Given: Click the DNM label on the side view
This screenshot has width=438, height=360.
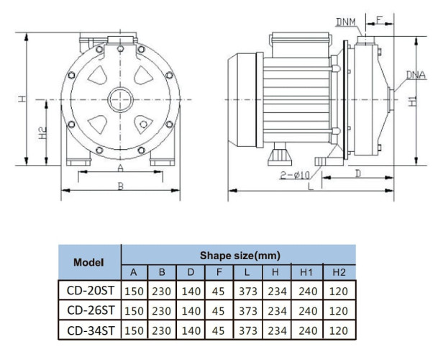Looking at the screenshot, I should [x=345, y=22].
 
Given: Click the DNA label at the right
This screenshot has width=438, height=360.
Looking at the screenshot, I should [x=415, y=74].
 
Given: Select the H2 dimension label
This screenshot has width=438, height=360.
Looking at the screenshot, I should [x=42, y=132].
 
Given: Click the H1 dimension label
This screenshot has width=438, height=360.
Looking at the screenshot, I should [x=412, y=100].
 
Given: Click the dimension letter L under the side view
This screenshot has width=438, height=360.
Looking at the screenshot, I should [x=309, y=186].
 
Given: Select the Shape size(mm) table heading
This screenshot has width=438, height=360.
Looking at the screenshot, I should [x=239, y=255].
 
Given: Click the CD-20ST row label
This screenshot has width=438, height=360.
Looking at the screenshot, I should [x=88, y=291].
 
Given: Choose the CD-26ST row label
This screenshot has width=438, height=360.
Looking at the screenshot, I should [x=88, y=310].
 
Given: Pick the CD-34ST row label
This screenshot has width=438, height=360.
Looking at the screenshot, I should [x=88, y=330].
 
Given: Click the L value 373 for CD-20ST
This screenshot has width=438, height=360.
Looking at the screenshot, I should [x=246, y=291].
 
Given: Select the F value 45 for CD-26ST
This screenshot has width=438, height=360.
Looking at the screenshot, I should [x=218, y=310].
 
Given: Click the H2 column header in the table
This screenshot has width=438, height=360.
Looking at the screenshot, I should [x=339, y=272].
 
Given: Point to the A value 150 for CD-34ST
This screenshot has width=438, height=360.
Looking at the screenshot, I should [x=134, y=330].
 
